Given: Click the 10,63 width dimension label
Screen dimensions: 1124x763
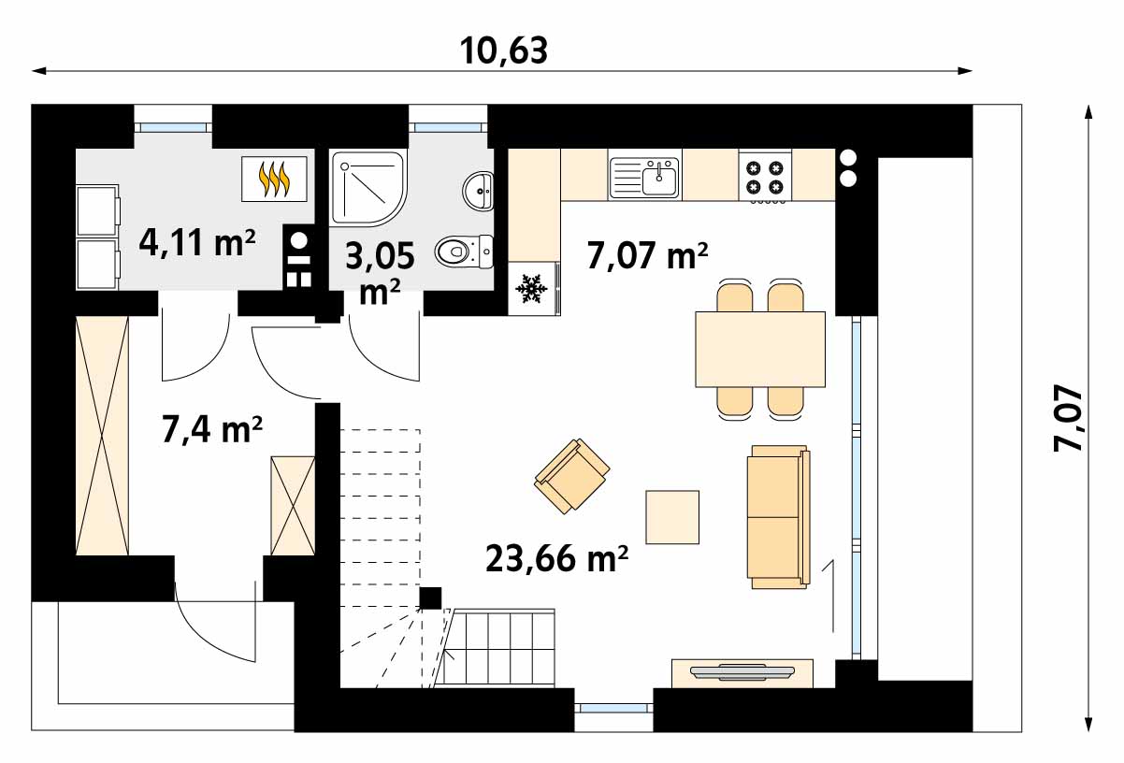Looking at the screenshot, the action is (503, 51).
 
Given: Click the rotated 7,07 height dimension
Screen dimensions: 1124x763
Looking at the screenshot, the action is (1068, 418).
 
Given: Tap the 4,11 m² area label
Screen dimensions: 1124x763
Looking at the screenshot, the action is (197, 242).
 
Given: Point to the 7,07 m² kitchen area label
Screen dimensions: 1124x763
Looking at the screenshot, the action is (647, 256).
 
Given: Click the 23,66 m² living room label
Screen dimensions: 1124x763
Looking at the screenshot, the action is (557, 559).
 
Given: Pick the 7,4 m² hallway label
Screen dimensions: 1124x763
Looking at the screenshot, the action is (211, 430).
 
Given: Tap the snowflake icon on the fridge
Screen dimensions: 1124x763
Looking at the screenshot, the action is (532, 288).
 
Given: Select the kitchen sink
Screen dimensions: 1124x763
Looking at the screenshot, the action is (643, 178).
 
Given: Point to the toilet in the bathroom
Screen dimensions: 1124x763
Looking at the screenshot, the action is (464, 251).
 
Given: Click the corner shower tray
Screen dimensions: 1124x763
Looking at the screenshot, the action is (367, 189).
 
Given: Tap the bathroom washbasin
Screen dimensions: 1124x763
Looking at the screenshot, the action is (478, 191).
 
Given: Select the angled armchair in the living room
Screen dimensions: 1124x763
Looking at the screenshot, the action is (572, 476).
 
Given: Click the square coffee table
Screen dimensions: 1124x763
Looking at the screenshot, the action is (672, 517).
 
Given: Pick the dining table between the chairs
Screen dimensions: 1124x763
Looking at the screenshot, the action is (760, 349).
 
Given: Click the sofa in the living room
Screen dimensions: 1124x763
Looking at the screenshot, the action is (778, 517).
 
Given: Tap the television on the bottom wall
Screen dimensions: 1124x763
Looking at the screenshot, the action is (742, 671).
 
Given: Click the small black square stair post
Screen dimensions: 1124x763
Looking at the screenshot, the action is (430, 597).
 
